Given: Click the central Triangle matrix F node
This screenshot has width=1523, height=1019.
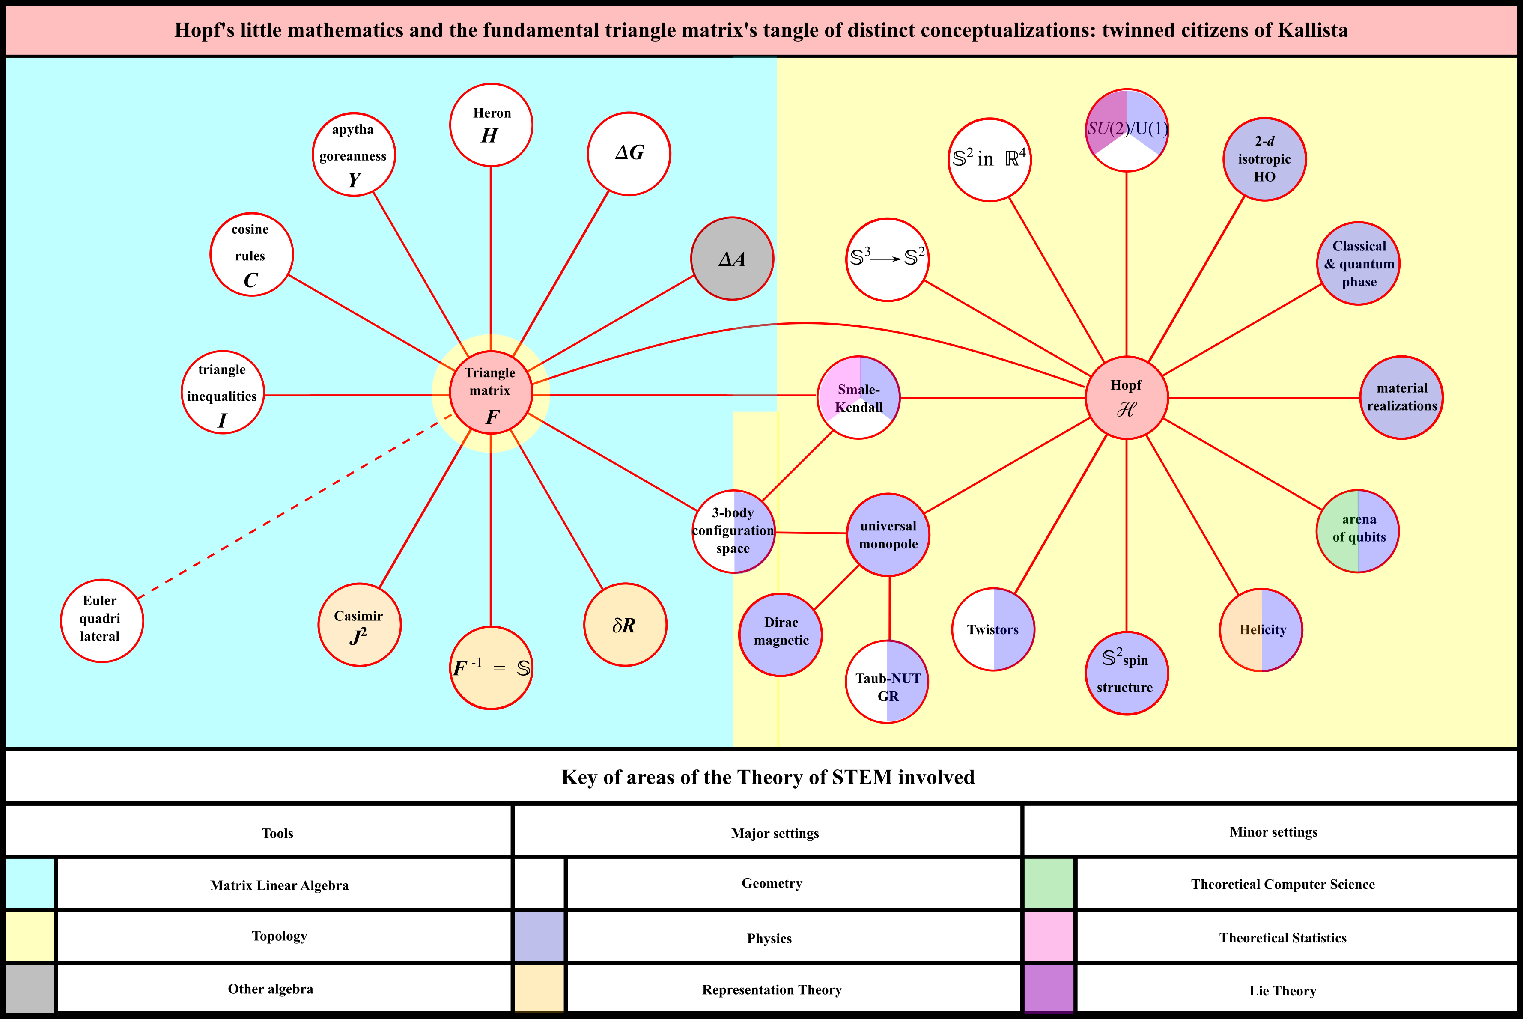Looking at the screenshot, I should [491, 393].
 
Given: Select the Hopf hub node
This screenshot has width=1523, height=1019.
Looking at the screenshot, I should [1126, 398].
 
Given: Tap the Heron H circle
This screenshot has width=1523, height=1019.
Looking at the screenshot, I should [491, 125].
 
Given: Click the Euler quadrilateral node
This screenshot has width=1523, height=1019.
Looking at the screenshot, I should [102, 621].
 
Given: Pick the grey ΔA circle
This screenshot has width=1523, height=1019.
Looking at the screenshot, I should [732, 259].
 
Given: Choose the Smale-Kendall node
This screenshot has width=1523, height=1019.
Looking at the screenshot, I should [858, 398].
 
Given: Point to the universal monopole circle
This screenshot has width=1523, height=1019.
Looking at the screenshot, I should [888, 535].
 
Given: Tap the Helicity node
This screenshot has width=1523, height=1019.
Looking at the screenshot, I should [1261, 630].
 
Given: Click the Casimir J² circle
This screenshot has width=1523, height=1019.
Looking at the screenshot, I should [359, 625].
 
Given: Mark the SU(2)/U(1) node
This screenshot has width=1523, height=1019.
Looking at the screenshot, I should [1127, 131].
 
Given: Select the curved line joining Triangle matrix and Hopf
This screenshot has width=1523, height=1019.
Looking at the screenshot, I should [806, 323].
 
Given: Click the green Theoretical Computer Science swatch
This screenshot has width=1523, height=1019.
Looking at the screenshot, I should [1048, 884].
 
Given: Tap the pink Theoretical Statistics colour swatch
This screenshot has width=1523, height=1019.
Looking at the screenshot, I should [1048, 936].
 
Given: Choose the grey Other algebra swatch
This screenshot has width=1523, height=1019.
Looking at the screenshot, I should [30, 989].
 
